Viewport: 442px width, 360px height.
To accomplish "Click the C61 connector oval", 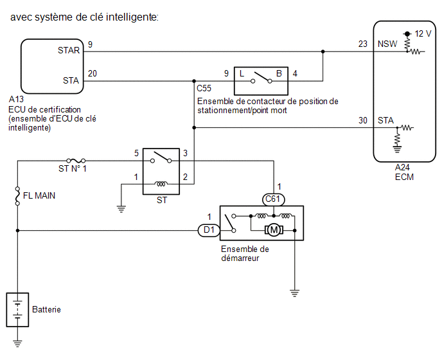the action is (x=273, y=199).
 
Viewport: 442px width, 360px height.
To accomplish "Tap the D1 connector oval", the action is (x=209, y=230).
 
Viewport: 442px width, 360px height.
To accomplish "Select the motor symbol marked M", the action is (x=274, y=230).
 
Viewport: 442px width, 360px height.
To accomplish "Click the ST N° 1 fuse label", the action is (x=73, y=168).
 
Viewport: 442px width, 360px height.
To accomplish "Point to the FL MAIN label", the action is (x=39, y=195).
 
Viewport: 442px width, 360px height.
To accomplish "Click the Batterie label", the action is (x=46, y=309).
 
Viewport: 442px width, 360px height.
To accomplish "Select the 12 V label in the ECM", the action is (x=423, y=34).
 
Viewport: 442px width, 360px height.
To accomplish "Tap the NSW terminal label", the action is (x=387, y=44).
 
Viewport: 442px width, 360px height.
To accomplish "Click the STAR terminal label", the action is (x=69, y=50).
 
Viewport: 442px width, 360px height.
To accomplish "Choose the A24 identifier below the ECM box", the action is (x=402, y=167).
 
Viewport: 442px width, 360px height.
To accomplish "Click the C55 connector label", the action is (x=204, y=88).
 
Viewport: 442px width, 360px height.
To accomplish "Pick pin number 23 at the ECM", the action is (x=363, y=44).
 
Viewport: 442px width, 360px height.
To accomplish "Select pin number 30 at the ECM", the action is (x=363, y=120).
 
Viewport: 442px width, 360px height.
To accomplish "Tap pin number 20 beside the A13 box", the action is (x=92, y=73).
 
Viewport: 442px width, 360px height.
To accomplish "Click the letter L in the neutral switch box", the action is (x=242, y=74).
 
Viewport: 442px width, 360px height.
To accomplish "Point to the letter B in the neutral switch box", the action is (x=279, y=74).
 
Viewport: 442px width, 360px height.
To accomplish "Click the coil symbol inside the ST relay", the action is (x=161, y=184).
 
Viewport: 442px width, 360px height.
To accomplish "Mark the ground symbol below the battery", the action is (x=17, y=343).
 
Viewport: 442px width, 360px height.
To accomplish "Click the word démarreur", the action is (x=240, y=258).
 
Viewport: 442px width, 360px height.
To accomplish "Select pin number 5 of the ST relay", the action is (x=136, y=153).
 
